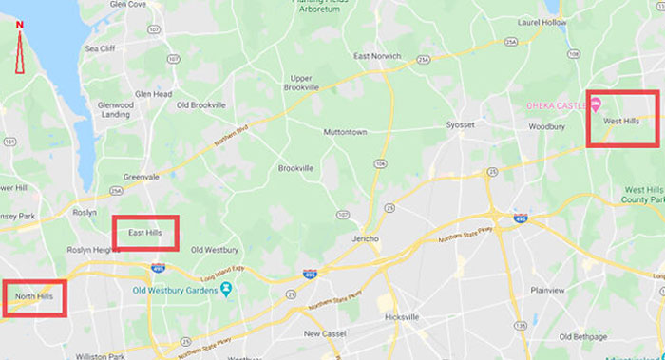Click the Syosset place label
460,124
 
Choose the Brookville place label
295,168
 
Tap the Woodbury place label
546,125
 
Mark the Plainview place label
547,291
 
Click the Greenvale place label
140,176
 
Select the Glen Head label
153,94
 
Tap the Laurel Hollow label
541,21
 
